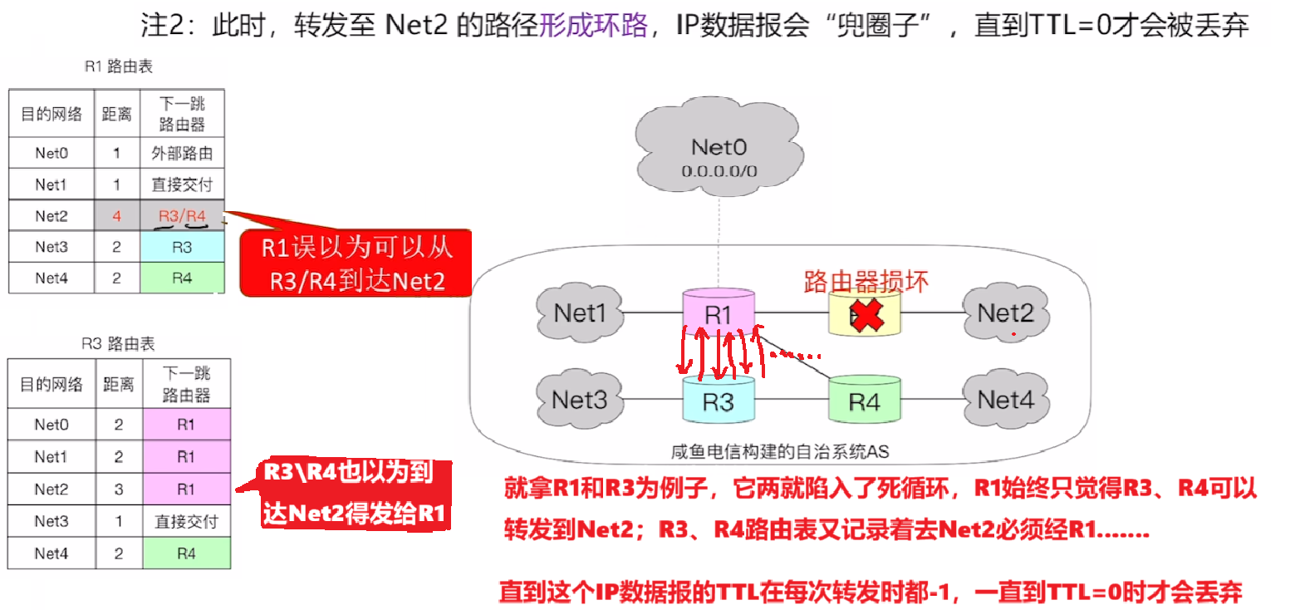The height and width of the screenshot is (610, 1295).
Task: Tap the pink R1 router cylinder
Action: (719, 314)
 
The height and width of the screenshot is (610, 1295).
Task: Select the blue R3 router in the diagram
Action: (719, 401)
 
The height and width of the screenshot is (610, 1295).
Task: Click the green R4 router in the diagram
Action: (864, 401)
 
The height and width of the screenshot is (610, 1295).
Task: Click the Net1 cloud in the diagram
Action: (581, 312)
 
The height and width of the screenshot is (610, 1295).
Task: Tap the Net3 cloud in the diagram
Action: (579, 400)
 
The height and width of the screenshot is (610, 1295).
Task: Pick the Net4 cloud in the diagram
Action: (1004, 400)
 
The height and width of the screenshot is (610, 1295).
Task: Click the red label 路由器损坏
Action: (865, 281)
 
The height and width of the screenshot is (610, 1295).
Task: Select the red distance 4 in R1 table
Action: (116, 217)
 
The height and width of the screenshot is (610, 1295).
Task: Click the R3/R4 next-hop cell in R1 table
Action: (183, 217)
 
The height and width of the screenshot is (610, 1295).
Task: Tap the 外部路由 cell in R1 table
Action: (183, 154)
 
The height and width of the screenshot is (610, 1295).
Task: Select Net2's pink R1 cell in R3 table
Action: (186, 489)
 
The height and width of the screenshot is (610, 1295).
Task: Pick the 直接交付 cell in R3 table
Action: (186, 521)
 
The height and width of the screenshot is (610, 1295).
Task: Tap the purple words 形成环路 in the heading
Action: (593, 26)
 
